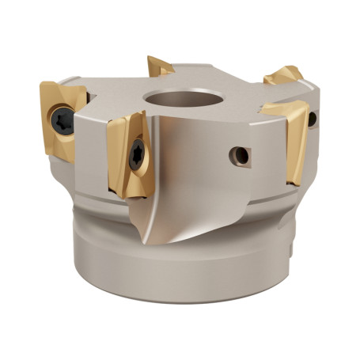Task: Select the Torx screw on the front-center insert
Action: tap(138, 155)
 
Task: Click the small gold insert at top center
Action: tap(160, 66)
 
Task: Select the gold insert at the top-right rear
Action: tap(283, 76)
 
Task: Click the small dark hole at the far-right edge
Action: tap(313, 119)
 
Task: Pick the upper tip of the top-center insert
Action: tap(150, 58)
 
